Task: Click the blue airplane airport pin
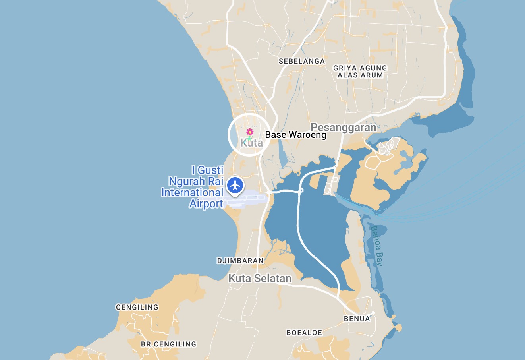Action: pyautogui.click(x=235, y=185)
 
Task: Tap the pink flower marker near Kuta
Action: pyautogui.click(x=249, y=132)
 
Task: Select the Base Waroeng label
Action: pyautogui.click(x=295, y=135)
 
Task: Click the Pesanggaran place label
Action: pyautogui.click(x=343, y=128)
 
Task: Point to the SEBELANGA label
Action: pyautogui.click(x=302, y=61)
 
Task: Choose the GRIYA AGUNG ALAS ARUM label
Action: pyautogui.click(x=360, y=72)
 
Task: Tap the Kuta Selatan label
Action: pyautogui.click(x=260, y=279)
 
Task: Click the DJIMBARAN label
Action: pyautogui.click(x=240, y=261)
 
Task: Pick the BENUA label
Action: pyautogui.click(x=357, y=319)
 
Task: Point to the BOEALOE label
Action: pyautogui.click(x=304, y=333)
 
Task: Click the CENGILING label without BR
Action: pyautogui.click(x=137, y=307)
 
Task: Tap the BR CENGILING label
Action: pyautogui.click(x=168, y=344)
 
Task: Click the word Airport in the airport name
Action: pyautogui.click(x=206, y=204)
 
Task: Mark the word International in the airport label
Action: pyautogui.click(x=192, y=193)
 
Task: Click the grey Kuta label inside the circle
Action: pyautogui.click(x=251, y=143)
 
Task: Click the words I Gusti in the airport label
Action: pyautogui.click(x=207, y=170)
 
